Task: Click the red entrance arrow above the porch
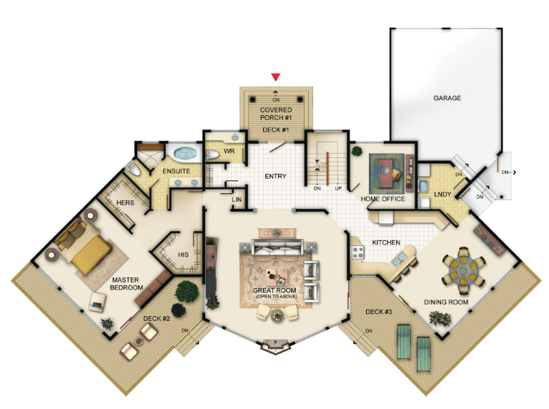[x=276, y=77]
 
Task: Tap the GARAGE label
[x=447, y=98]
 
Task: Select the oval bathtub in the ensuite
[x=186, y=153]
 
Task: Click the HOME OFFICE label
[x=382, y=199]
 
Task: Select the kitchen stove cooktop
[x=357, y=252]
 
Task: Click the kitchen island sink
[x=399, y=260]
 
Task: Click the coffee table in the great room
[x=274, y=277]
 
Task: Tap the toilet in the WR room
[x=212, y=154]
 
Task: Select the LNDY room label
[x=442, y=194]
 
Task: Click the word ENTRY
[x=275, y=176]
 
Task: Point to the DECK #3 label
[x=378, y=312]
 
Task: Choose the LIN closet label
[x=237, y=199]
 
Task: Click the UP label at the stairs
[x=338, y=188]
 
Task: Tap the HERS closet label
[x=125, y=203]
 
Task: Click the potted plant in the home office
[x=357, y=152]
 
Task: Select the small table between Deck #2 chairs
[x=139, y=341]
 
